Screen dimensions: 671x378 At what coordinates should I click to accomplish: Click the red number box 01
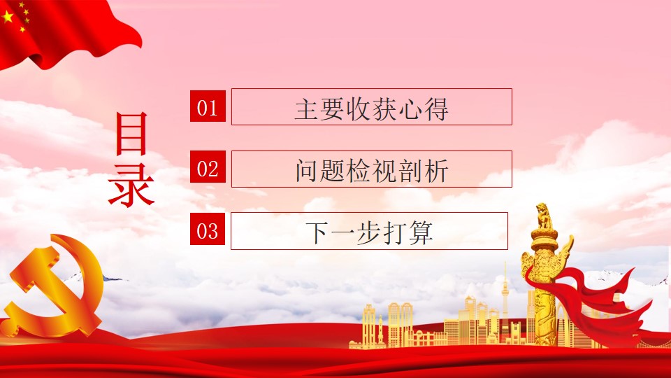[x=208, y=106]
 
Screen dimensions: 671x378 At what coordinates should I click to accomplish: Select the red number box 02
[x=208, y=167]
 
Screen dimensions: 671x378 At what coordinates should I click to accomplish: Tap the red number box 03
[x=208, y=229]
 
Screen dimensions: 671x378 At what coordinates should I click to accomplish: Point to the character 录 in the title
[x=131, y=190]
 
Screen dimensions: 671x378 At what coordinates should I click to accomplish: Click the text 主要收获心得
[x=371, y=109]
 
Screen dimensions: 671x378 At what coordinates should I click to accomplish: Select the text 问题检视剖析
[x=371, y=171]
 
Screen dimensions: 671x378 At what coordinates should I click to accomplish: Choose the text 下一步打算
[x=369, y=232]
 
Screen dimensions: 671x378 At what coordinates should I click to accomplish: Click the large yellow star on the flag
[x=7, y=17]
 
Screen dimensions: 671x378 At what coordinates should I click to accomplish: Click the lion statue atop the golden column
[x=544, y=216]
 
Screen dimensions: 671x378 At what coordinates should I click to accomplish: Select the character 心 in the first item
[x=410, y=109]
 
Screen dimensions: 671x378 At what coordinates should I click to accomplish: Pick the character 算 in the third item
[x=421, y=232]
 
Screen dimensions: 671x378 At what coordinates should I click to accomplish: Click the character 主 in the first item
[x=307, y=109]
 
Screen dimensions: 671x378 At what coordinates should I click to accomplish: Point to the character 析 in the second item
[x=436, y=171]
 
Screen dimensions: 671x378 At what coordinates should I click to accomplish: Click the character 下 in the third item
[x=317, y=233]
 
